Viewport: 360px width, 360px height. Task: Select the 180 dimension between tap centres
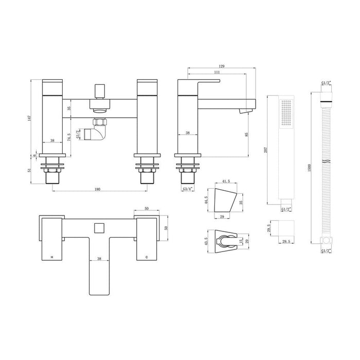97,190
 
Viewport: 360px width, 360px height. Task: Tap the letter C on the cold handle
147,256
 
